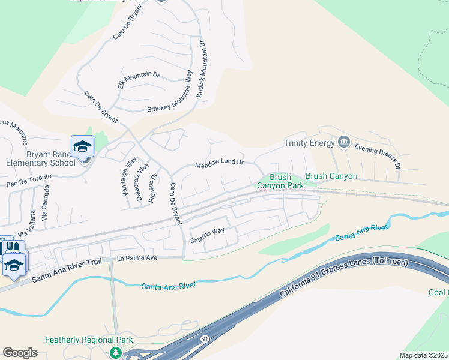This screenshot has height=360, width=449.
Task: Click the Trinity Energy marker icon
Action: [344, 142]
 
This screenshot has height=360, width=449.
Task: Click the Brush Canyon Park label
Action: [280, 181]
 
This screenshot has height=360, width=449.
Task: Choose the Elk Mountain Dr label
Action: [139, 80]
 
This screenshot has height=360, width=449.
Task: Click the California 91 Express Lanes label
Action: [343, 277]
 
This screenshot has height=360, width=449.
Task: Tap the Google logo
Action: [20, 353]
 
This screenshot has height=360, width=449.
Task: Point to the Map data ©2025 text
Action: [423, 355]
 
